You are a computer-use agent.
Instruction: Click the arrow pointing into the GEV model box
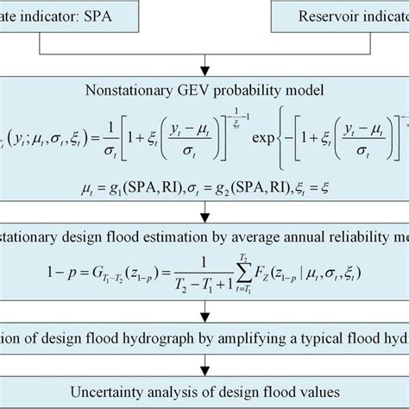pos(204,64)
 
